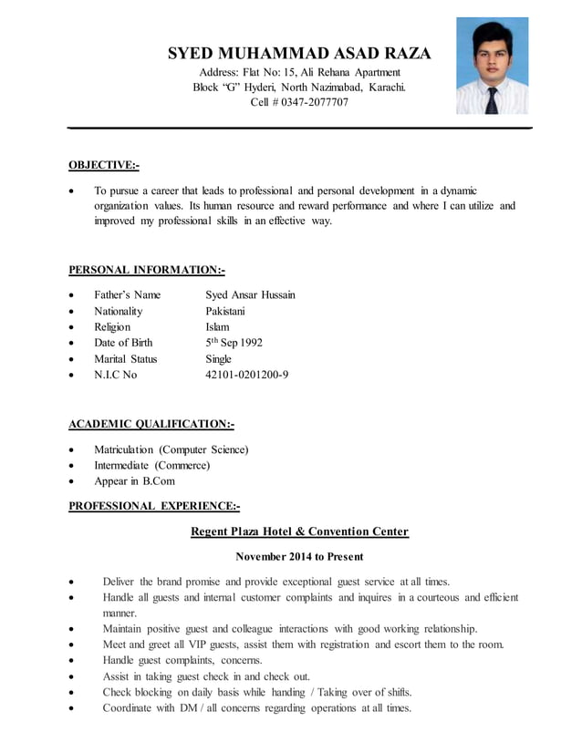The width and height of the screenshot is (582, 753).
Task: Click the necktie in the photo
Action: (x=492, y=98)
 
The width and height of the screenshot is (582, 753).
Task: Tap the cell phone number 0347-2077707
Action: (x=314, y=102)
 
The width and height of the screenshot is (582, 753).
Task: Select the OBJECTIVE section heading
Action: (x=104, y=165)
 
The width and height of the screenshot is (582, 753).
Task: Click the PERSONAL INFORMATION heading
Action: (x=147, y=270)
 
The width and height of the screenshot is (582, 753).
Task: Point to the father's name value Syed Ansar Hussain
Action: (x=250, y=294)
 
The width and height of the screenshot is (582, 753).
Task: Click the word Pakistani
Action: (x=232, y=311)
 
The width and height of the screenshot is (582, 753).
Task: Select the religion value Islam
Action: (x=218, y=326)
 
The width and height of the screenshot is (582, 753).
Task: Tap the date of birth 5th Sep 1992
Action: (x=234, y=343)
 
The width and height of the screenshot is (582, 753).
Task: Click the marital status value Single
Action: (x=219, y=358)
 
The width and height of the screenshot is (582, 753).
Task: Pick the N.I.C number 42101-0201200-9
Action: (x=247, y=375)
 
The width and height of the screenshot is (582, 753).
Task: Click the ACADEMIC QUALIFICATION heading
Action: (x=151, y=424)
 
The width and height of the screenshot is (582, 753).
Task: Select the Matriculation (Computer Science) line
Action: (x=171, y=449)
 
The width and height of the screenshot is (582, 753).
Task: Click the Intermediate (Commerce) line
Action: (x=152, y=465)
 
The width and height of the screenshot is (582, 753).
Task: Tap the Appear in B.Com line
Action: (x=134, y=480)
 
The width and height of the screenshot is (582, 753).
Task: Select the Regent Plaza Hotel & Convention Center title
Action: (x=299, y=531)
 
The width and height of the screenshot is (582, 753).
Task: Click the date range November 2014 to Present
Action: (x=299, y=556)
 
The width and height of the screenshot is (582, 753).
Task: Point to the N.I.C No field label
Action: (x=115, y=375)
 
